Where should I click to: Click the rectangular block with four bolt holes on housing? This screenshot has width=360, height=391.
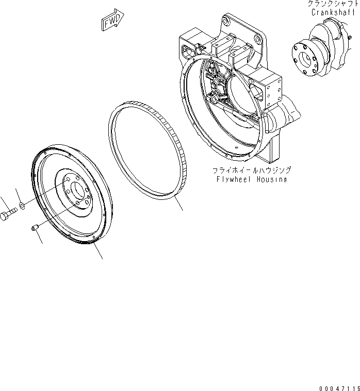coord(271,93)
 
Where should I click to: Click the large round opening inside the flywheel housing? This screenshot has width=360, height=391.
coord(239,103)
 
